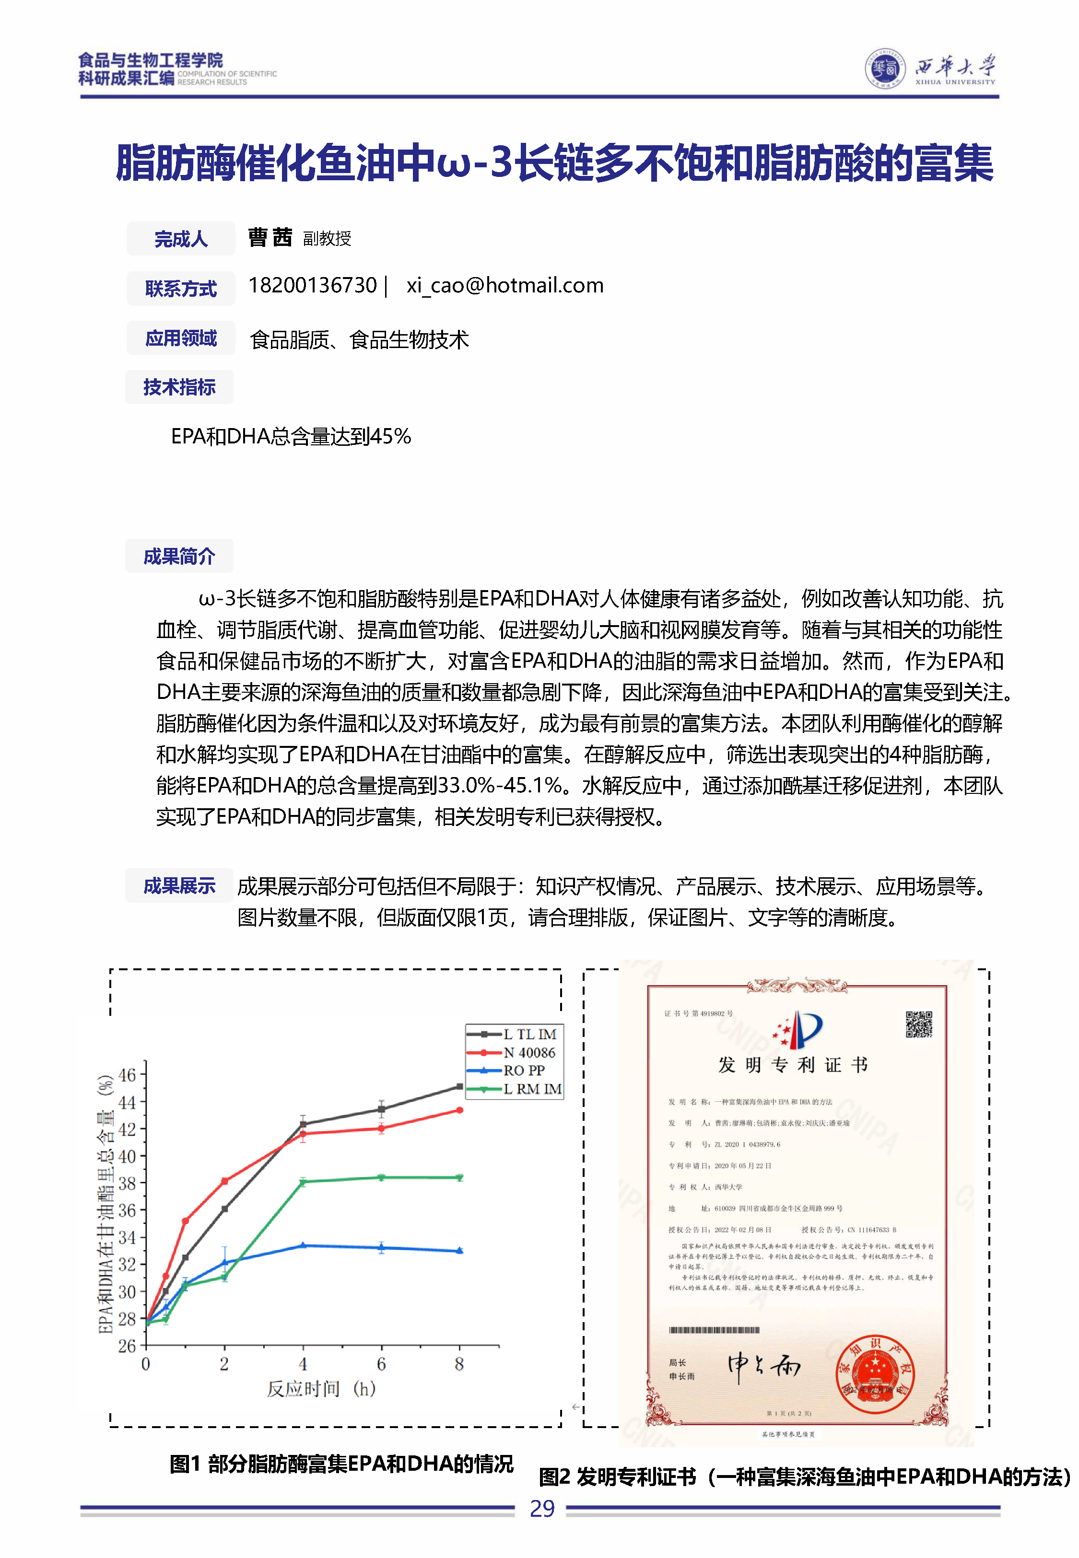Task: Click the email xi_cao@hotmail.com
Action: coord(504,286)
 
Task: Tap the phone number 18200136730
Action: coord(312,286)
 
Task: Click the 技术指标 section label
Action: coord(179,387)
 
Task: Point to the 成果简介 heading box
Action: coord(179,556)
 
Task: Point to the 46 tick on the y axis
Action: coord(127,1075)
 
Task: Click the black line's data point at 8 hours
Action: coord(460,1086)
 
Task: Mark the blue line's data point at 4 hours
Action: coord(303,1245)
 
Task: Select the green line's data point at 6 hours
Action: coord(381,1177)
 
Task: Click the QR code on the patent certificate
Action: coord(919,1024)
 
